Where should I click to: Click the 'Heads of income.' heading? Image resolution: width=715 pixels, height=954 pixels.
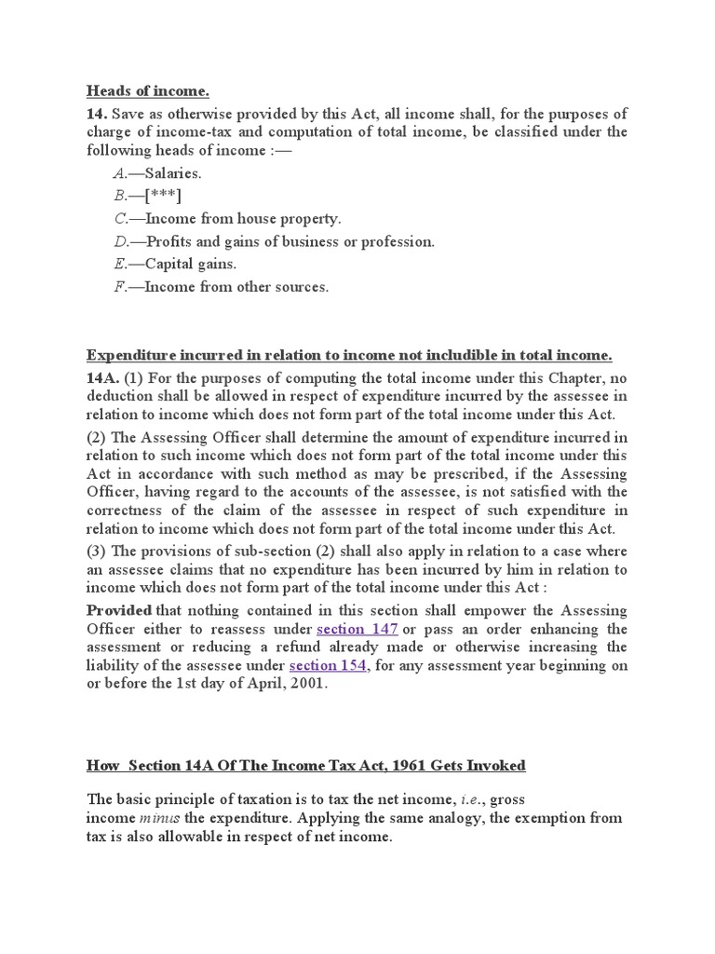pos(148,90)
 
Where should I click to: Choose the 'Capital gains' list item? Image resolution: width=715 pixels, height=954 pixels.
pos(174,264)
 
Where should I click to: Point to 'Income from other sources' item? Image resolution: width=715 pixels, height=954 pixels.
pos(221,287)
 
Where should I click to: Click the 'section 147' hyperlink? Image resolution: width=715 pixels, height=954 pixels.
pos(357,629)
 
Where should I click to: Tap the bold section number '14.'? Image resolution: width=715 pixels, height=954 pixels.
pos(98,114)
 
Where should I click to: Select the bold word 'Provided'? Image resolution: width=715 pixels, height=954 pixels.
pos(119,610)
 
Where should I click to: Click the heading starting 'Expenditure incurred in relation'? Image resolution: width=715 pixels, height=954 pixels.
pos(349,355)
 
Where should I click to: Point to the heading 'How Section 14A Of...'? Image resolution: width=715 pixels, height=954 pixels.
pos(306,766)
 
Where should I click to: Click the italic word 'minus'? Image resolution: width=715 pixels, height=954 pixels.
pos(157,818)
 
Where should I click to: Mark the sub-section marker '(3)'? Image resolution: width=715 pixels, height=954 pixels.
pos(98,551)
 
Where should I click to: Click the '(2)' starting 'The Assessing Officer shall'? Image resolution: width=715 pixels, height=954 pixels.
pos(98,438)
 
